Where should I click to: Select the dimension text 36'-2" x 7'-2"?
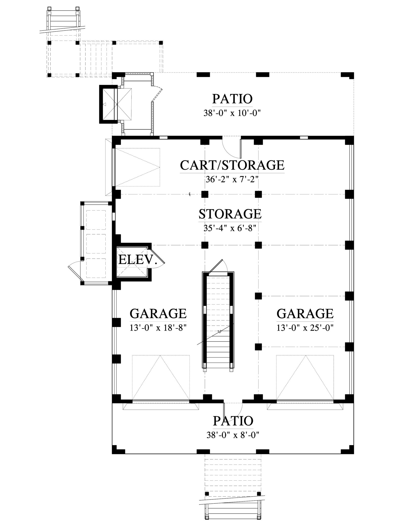(x=232, y=179)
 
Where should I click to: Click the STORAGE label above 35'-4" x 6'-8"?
(x=230, y=214)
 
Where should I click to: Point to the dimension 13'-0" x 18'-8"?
(x=158, y=328)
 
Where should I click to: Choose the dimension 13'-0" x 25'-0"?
(x=305, y=328)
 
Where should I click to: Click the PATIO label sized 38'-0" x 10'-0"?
(x=232, y=99)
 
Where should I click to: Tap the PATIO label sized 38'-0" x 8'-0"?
(x=233, y=421)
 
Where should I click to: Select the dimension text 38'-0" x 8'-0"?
(x=233, y=435)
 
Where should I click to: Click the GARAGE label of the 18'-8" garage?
(x=158, y=313)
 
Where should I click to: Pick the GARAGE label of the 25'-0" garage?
(x=305, y=313)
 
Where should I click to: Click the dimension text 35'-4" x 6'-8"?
(x=230, y=228)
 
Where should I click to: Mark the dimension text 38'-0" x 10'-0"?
(x=232, y=113)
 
